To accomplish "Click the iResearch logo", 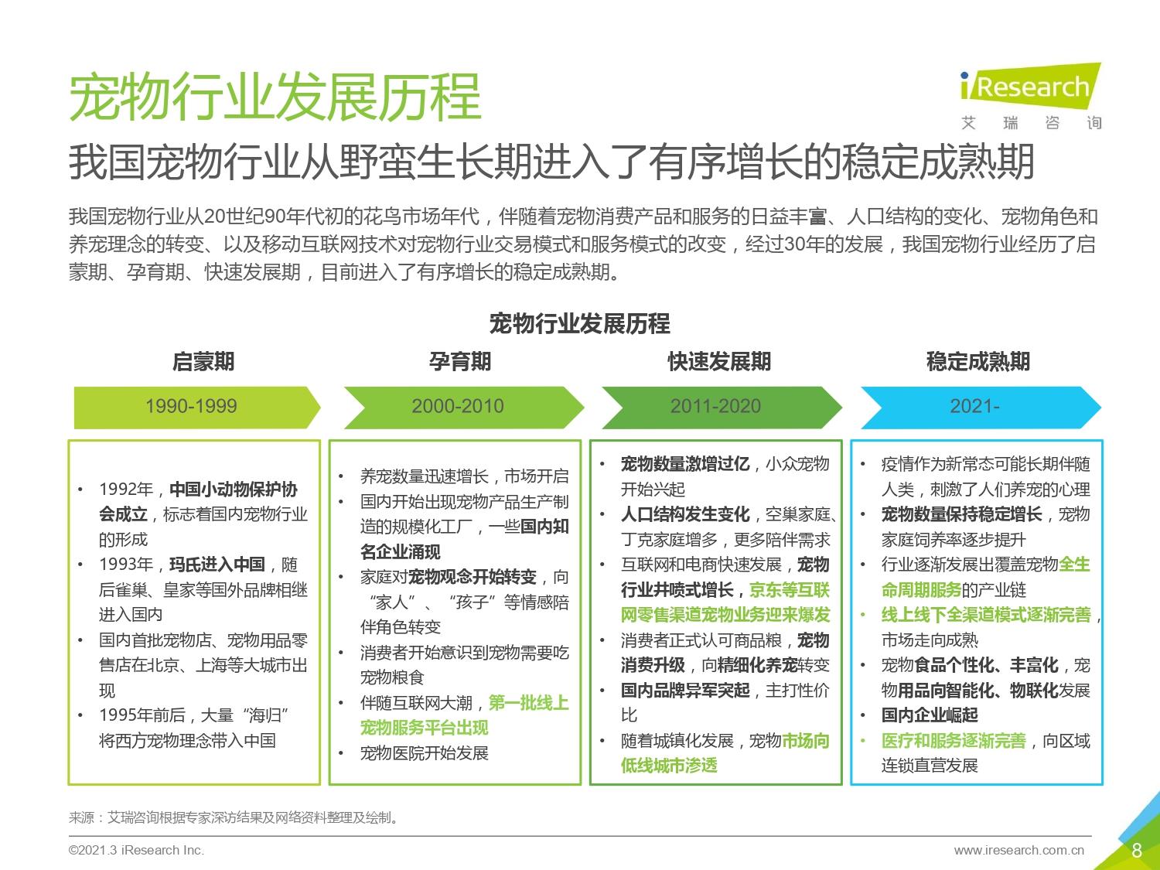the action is [x=1031, y=97].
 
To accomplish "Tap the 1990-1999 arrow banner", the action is [x=196, y=407].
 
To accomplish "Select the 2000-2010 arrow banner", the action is [x=464, y=407].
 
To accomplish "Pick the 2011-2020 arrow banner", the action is [x=722, y=407].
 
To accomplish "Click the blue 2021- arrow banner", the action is [x=981, y=407].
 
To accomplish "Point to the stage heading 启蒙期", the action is [x=203, y=362].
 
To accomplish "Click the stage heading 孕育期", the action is [x=460, y=362].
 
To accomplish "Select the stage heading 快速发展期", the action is [x=719, y=362].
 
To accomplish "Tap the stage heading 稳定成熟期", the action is [x=978, y=362].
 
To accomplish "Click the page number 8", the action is [x=1137, y=850].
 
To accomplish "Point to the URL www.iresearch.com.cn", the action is [x=1019, y=850].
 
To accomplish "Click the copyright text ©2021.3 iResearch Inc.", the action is [x=136, y=850].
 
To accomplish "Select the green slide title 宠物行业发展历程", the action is [x=275, y=97].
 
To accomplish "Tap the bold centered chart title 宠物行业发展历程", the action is [x=580, y=323].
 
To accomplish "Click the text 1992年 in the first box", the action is [x=126, y=490].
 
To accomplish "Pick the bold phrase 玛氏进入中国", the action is [x=217, y=565].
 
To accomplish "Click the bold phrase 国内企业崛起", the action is [x=930, y=715].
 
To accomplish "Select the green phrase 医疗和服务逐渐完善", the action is [x=954, y=741].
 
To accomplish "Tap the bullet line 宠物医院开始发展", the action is [x=425, y=752].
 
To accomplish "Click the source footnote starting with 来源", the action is [x=234, y=817].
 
